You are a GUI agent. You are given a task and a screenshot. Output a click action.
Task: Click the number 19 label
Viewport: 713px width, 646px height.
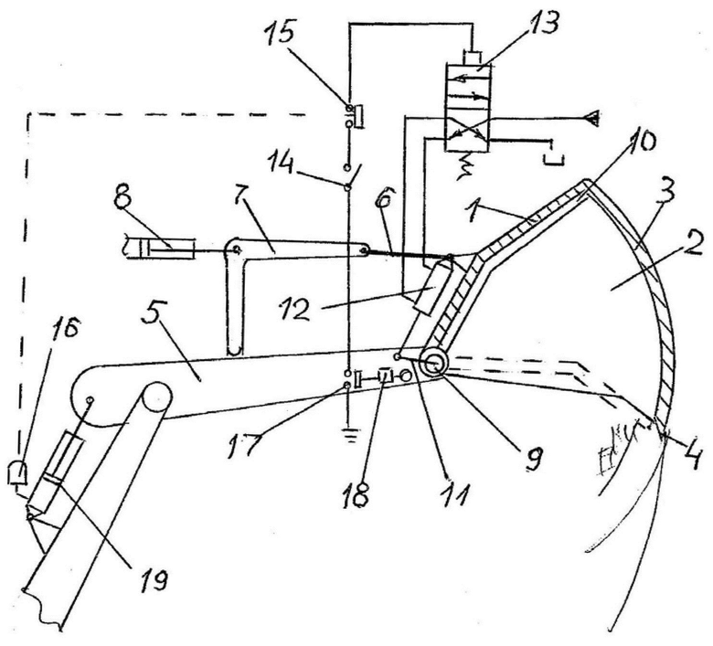(152, 579)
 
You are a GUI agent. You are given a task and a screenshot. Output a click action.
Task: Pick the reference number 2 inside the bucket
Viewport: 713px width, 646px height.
(690, 249)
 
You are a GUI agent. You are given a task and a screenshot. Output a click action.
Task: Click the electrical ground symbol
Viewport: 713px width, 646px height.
(348, 437)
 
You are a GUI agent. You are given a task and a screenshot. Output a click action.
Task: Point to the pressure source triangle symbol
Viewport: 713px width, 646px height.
(592, 119)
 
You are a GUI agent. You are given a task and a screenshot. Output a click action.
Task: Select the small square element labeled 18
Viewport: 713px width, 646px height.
(385, 376)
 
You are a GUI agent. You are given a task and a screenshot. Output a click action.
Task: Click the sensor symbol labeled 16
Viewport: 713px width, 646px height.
(17, 473)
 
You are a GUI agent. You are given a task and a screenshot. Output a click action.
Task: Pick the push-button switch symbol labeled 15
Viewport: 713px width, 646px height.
(356, 116)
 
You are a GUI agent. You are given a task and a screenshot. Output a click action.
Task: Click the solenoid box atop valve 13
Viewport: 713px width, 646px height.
(473, 58)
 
